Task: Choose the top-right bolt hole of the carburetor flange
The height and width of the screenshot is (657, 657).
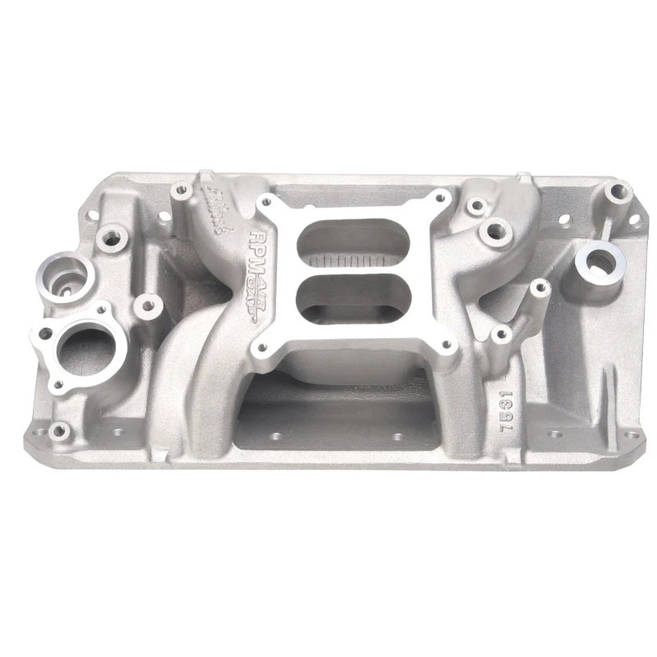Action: click(441, 198)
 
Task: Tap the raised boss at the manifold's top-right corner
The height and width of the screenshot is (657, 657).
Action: click(613, 194)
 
